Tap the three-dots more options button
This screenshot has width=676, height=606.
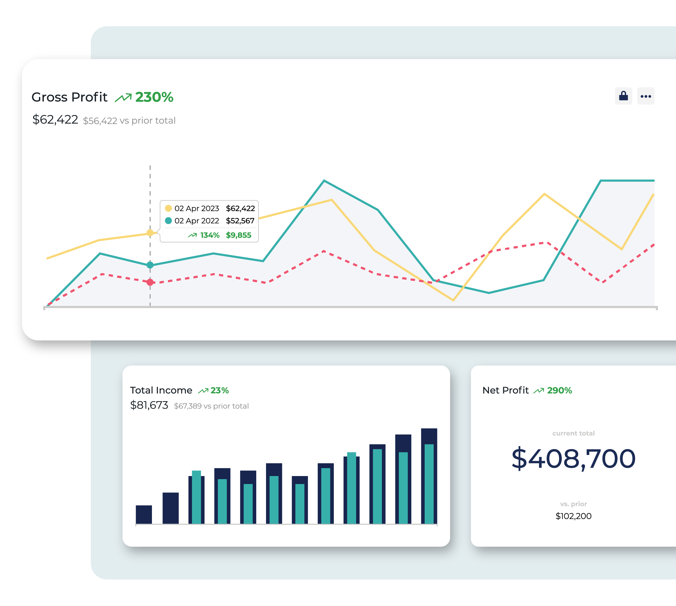pos(645,96)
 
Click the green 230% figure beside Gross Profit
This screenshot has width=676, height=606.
pos(154,97)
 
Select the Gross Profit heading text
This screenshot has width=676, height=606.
pos(69,97)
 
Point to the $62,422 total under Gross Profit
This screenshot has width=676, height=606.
pos(55,120)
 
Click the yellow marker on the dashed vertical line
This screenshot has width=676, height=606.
pos(150,233)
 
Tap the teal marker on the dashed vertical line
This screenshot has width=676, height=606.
pos(150,265)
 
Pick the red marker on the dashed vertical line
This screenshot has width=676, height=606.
pos(150,282)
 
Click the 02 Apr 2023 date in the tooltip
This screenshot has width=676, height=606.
pos(196,208)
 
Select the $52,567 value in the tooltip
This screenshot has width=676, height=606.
pos(240,221)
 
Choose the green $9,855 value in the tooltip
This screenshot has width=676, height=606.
pos(238,235)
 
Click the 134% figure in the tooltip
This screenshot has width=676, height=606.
pos(210,235)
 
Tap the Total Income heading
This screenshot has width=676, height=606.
pos(161,390)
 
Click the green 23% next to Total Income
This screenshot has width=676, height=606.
pos(220,390)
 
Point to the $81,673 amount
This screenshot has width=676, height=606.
pos(149,405)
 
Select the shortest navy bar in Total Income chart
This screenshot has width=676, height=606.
pos(144,514)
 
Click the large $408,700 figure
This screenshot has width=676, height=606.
pos(573,459)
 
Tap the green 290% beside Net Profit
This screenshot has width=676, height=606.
pos(559,390)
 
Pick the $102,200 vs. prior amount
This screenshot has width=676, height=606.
pos(573,516)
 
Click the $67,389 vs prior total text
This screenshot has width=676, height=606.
pos(211,406)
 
